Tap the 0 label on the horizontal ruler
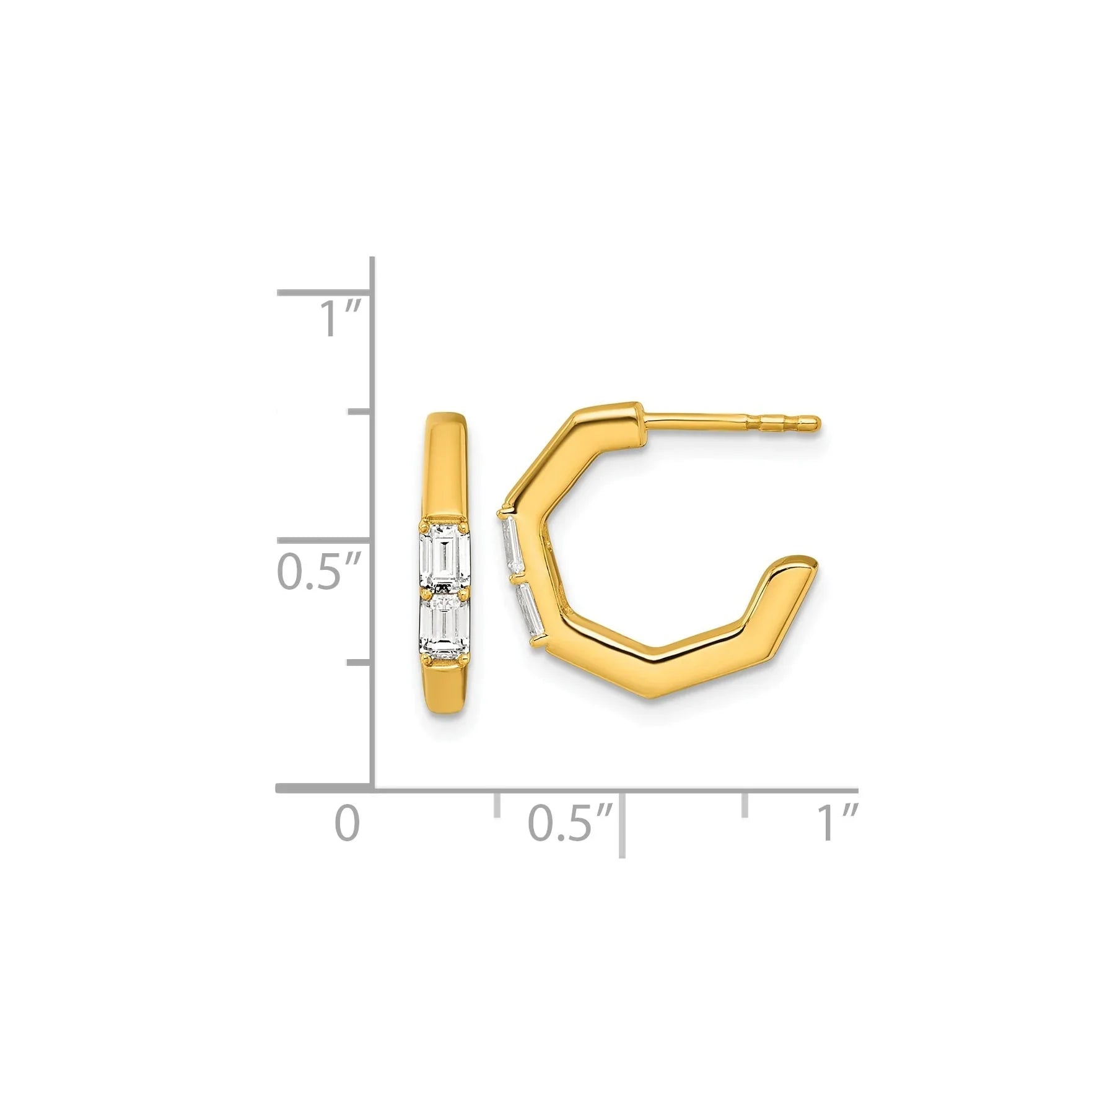(x=347, y=823)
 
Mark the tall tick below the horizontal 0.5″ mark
(x=621, y=830)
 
